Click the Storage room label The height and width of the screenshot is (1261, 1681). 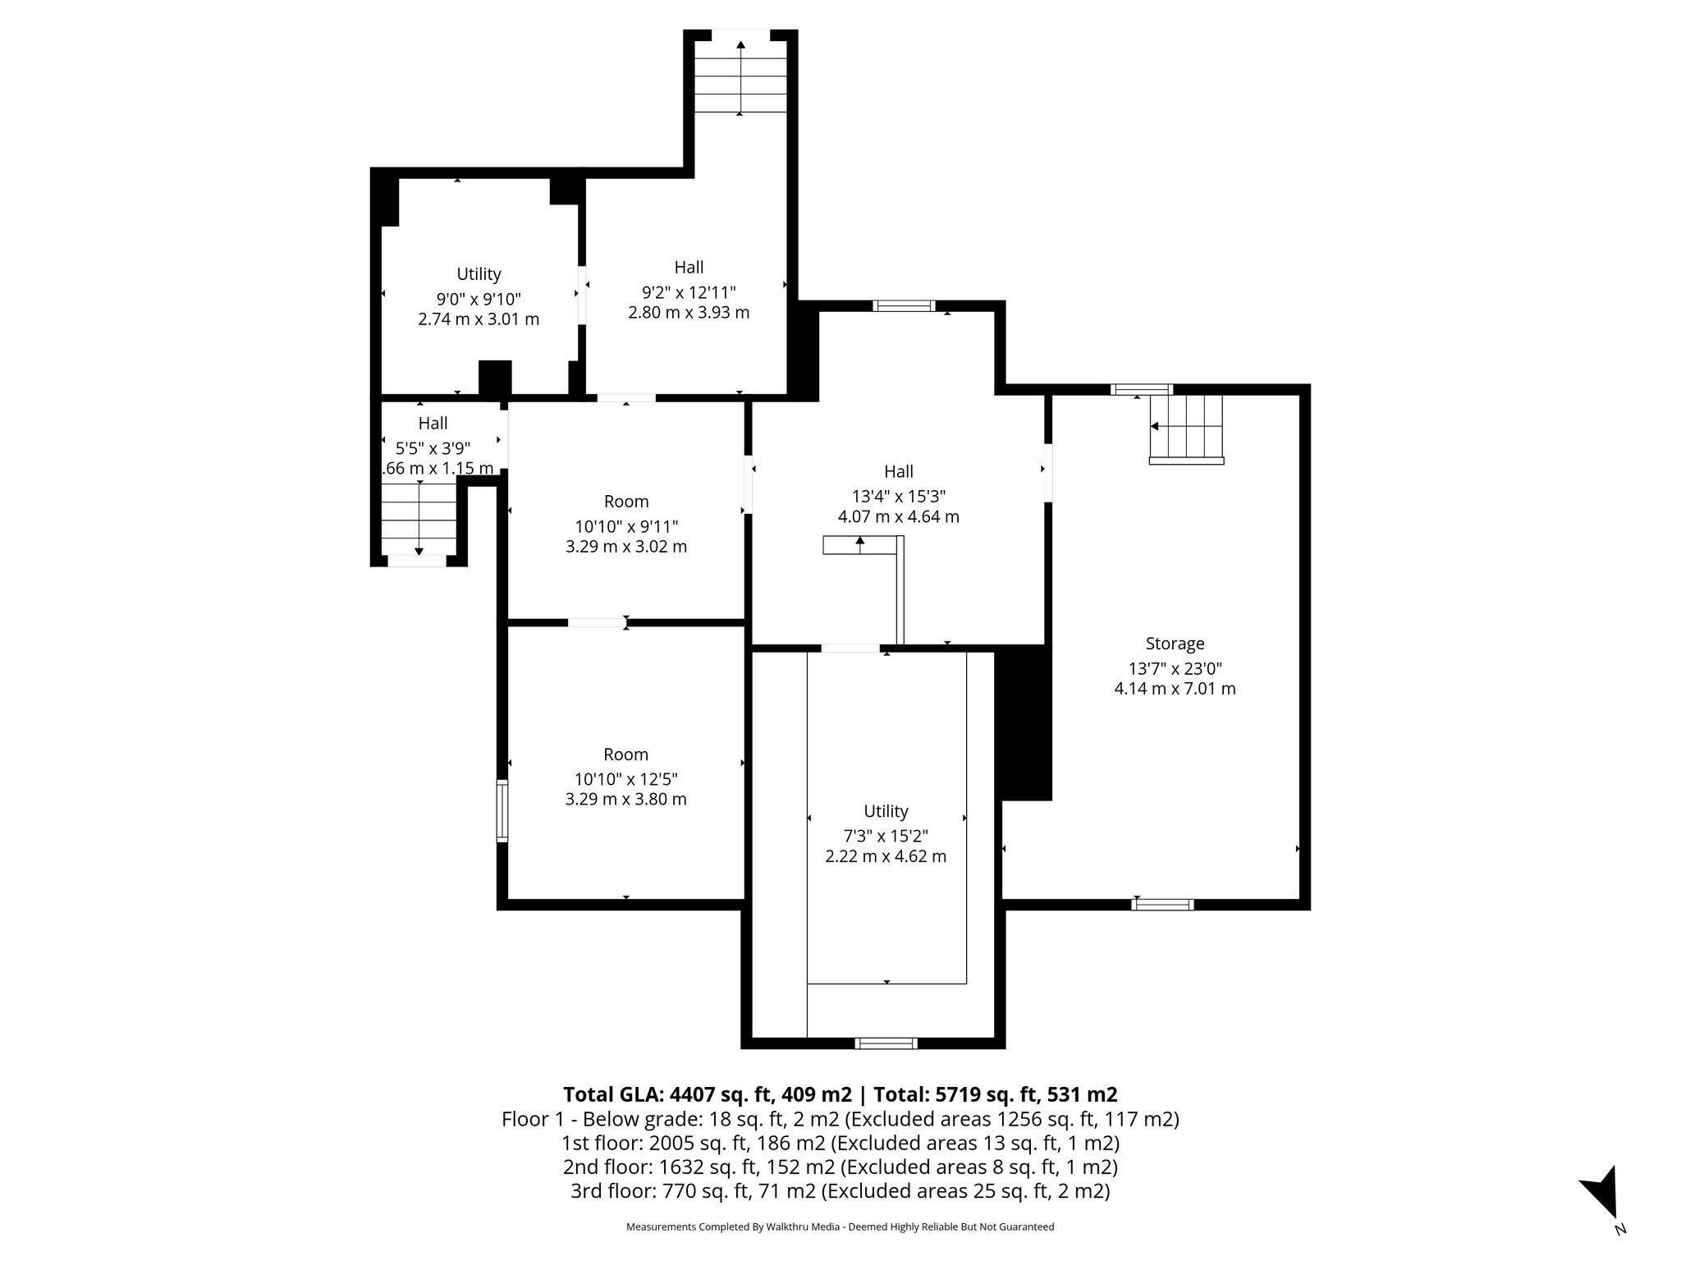click(1175, 644)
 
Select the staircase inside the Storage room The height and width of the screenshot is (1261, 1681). click(1187, 428)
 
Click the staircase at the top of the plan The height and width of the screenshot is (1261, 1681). click(740, 77)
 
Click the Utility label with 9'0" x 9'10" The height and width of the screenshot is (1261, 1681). click(479, 274)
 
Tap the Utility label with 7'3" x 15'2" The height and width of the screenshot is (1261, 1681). click(886, 811)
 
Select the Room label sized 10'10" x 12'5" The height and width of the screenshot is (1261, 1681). click(625, 754)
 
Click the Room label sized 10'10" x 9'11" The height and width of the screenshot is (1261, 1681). click(625, 502)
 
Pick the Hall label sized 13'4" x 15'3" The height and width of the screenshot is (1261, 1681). click(899, 472)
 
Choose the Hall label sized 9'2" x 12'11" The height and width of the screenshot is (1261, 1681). click(689, 268)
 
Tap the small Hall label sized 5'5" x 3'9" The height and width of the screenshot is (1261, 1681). click(433, 424)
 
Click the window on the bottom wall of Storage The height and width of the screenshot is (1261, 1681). click(1162, 905)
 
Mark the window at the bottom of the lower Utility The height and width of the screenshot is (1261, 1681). click(886, 1043)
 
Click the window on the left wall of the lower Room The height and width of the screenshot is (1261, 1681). click(502, 810)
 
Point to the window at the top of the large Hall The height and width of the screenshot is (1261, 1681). click(903, 306)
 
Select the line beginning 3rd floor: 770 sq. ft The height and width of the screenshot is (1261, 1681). click(840, 1191)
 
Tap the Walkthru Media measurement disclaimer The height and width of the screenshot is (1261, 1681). click(840, 1227)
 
